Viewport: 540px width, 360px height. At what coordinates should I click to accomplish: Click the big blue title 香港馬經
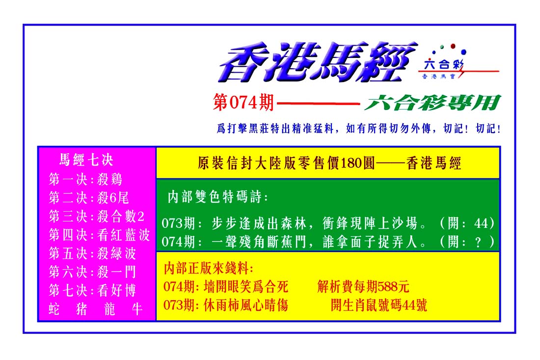click(x=318, y=62)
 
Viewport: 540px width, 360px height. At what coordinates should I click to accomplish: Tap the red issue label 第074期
click(x=243, y=103)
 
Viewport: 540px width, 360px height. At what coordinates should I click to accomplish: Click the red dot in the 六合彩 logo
click(x=453, y=46)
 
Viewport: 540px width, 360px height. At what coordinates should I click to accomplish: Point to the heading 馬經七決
click(x=86, y=160)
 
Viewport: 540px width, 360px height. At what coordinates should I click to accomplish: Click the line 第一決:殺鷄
click(x=85, y=179)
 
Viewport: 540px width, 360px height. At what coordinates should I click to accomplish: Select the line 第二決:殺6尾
click(x=89, y=198)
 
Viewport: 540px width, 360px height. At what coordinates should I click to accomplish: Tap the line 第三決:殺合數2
click(x=96, y=217)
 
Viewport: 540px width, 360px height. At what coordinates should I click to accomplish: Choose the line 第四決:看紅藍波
click(x=99, y=235)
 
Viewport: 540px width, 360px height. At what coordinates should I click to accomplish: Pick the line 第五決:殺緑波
click(x=93, y=253)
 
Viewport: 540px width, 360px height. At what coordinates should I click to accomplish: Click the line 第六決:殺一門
click(x=93, y=272)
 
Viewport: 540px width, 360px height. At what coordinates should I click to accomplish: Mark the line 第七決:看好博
click(x=93, y=291)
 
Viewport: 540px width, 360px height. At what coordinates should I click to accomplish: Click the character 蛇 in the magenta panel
click(x=54, y=309)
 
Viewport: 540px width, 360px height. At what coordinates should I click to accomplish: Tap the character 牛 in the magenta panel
click(x=137, y=309)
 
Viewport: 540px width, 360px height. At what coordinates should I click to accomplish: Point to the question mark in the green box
click(x=478, y=242)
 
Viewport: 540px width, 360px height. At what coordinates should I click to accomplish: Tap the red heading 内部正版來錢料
click(x=209, y=268)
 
